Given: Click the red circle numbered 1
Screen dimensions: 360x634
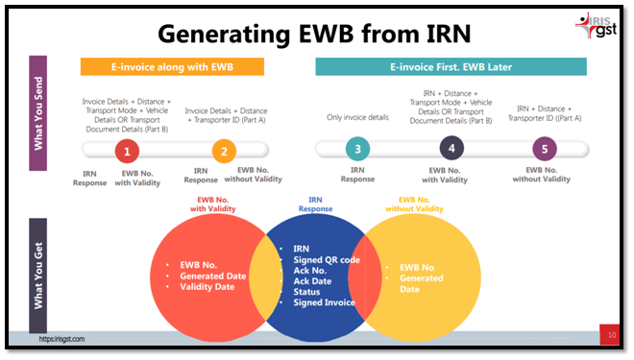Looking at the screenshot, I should coord(128,150).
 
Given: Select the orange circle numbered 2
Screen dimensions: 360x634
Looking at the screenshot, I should coord(223,150).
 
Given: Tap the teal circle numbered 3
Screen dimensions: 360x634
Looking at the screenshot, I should coord(357,149).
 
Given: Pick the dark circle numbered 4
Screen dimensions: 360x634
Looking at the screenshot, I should coord(451,149).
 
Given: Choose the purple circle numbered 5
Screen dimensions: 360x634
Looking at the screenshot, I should coord(546,149).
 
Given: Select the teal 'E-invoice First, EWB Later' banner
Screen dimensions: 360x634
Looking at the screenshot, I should coord(450,67).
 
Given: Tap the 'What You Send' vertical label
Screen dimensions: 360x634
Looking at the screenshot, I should coord(38,113).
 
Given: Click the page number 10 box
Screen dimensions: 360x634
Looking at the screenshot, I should coord(611,334).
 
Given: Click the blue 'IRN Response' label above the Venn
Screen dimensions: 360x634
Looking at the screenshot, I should coord(314,204).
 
